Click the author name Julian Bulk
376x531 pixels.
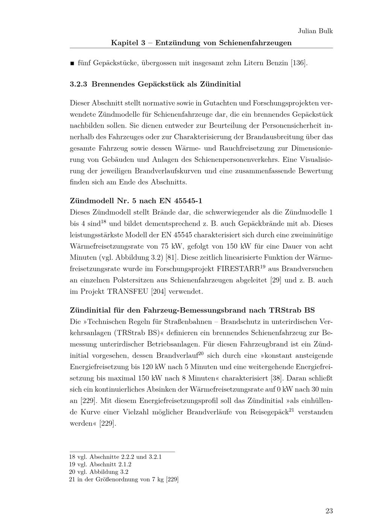pyautogui.click(x=315, y=31)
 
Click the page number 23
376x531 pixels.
pyautogui.click(x=329, y=511)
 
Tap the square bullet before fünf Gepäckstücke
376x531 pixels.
pyautogui.click(x=72, y=63)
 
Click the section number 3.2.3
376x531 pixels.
pyautogui.click(x=79, y=84)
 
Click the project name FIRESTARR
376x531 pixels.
pyautogui.click(x=238, y=269)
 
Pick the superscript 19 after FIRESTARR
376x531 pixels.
pyautogui.click(x=264, y=266)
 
